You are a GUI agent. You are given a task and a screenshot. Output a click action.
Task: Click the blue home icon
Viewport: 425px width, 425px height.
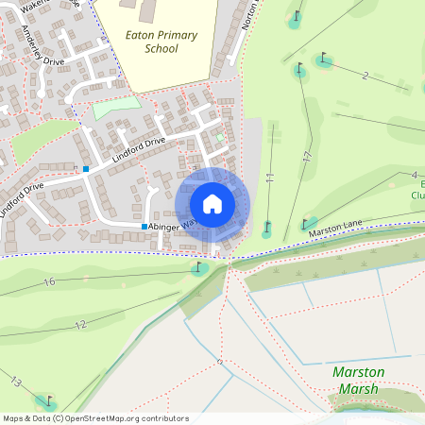[212, 204]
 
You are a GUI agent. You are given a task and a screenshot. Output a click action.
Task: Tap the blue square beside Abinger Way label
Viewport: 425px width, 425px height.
[144, 227]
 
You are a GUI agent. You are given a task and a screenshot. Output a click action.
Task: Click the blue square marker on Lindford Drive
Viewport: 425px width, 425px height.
[85, 168]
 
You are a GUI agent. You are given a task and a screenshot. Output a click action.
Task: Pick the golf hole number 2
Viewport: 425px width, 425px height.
[364, 75]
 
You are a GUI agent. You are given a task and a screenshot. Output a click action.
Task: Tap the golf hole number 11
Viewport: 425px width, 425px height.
[269, 178]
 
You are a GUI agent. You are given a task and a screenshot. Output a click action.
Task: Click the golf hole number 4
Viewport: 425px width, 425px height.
[414, 175]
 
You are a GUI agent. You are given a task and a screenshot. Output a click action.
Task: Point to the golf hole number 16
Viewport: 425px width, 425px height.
[50, 281]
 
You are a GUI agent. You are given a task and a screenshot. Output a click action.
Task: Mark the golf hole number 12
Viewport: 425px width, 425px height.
[80, 324]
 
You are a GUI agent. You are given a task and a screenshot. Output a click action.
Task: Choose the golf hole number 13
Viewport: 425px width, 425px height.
[16, 382]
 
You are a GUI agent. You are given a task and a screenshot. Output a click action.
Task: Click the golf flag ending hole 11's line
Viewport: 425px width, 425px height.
[268, 227]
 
